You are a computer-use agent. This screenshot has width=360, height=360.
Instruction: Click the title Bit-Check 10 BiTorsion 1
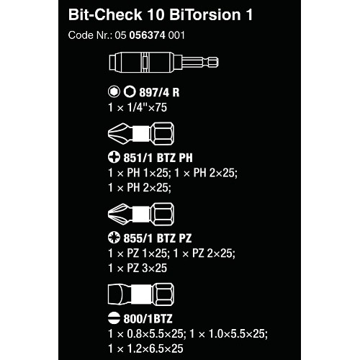161,15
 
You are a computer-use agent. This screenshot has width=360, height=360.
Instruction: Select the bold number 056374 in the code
148,35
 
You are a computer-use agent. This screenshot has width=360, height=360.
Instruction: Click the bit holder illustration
163,62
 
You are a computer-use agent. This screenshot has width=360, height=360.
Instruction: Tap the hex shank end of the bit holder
212,62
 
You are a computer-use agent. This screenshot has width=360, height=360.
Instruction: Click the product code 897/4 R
159,92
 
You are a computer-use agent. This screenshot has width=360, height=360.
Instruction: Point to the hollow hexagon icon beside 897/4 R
130,91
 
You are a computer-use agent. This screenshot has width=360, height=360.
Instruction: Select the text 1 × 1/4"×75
138,107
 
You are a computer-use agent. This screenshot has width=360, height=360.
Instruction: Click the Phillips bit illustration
141,133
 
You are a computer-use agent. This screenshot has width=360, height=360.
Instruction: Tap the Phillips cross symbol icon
114,157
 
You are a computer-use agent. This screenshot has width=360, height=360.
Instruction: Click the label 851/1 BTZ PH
158,158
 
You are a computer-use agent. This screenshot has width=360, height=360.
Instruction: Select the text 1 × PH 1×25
138,173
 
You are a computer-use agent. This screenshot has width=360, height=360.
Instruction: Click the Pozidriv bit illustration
141,214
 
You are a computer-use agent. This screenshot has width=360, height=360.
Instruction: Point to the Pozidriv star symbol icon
114,238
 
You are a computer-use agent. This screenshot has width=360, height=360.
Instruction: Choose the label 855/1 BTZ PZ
158,238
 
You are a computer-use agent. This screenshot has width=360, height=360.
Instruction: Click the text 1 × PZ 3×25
138,268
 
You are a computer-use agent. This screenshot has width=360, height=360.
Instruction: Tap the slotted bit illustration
141,294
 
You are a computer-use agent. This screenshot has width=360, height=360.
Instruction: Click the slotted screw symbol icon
114,318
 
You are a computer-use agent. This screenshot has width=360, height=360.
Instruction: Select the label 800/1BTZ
148,319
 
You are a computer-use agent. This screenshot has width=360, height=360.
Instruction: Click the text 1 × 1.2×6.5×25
145,348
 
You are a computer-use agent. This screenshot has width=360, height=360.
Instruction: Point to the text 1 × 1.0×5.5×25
228,334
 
